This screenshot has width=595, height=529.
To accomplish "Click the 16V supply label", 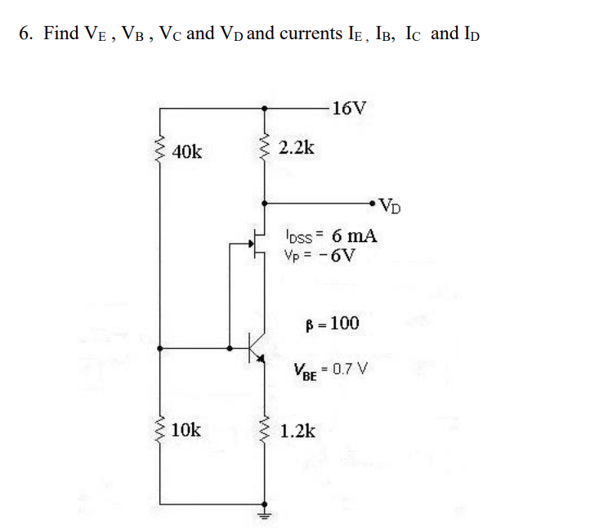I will pyautogui.click(x=350, y=107).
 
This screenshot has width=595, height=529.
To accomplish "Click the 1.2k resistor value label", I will pyautogui.click(x=297, y=431).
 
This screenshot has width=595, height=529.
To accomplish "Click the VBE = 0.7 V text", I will pyautogui.click(x=332, y=370).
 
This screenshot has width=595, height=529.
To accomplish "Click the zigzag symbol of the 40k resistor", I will pyautogui.click(x=159, y=150).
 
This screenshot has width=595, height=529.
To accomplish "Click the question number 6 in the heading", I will pyautogui.click(x=26, y=34).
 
